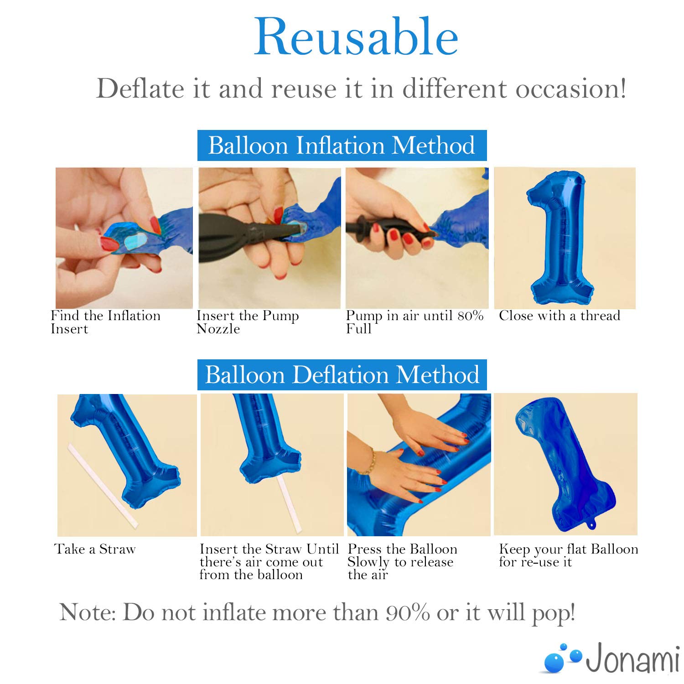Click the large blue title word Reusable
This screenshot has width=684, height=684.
pyautogui.click(x=356, y=37)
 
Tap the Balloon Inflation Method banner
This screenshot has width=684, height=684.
pyautogui.click(x=342, y=145)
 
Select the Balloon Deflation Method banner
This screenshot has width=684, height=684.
pyautogui.click(x=342, y=375)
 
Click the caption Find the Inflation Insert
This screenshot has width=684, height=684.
pyautogui.click(x=105, y=322)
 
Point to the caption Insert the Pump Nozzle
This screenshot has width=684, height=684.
pyautogui.click(x=248, y=322)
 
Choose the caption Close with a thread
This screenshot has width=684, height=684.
pyautogui.click(x=560, y=316)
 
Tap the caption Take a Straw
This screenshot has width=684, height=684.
pyautogui.click(x=95, y=549)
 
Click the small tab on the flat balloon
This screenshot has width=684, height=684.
pyautogui.click(x=591, y=526)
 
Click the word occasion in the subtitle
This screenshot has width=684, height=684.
pyautogui.click(x=571, y=88)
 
